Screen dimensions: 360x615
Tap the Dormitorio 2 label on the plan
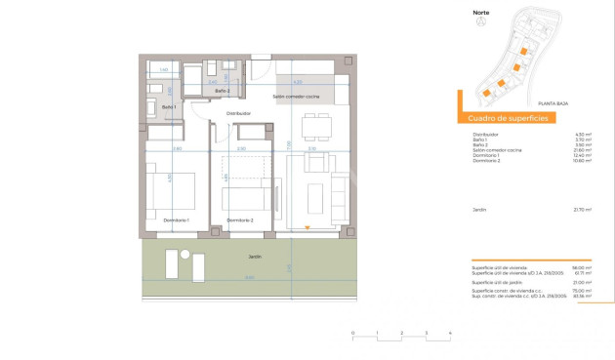[239, 220]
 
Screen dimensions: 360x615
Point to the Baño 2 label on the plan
[222, 90]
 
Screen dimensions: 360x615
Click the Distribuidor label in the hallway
[239, 113]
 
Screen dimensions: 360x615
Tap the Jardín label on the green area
[253, 256]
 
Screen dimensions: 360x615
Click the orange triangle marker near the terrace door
[307, 228]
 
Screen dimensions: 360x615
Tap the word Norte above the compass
[481, 14]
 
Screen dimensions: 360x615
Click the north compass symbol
[479, 24]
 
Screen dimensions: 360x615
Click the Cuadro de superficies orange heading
[508, 118]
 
